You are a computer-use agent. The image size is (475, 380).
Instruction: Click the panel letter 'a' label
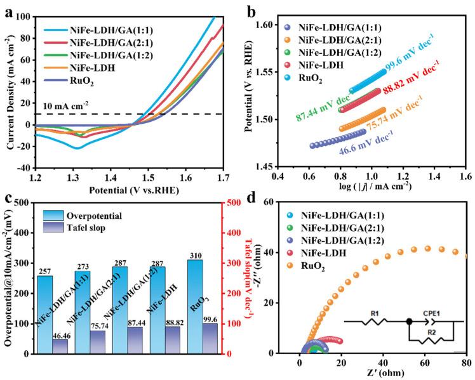(8, 10)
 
